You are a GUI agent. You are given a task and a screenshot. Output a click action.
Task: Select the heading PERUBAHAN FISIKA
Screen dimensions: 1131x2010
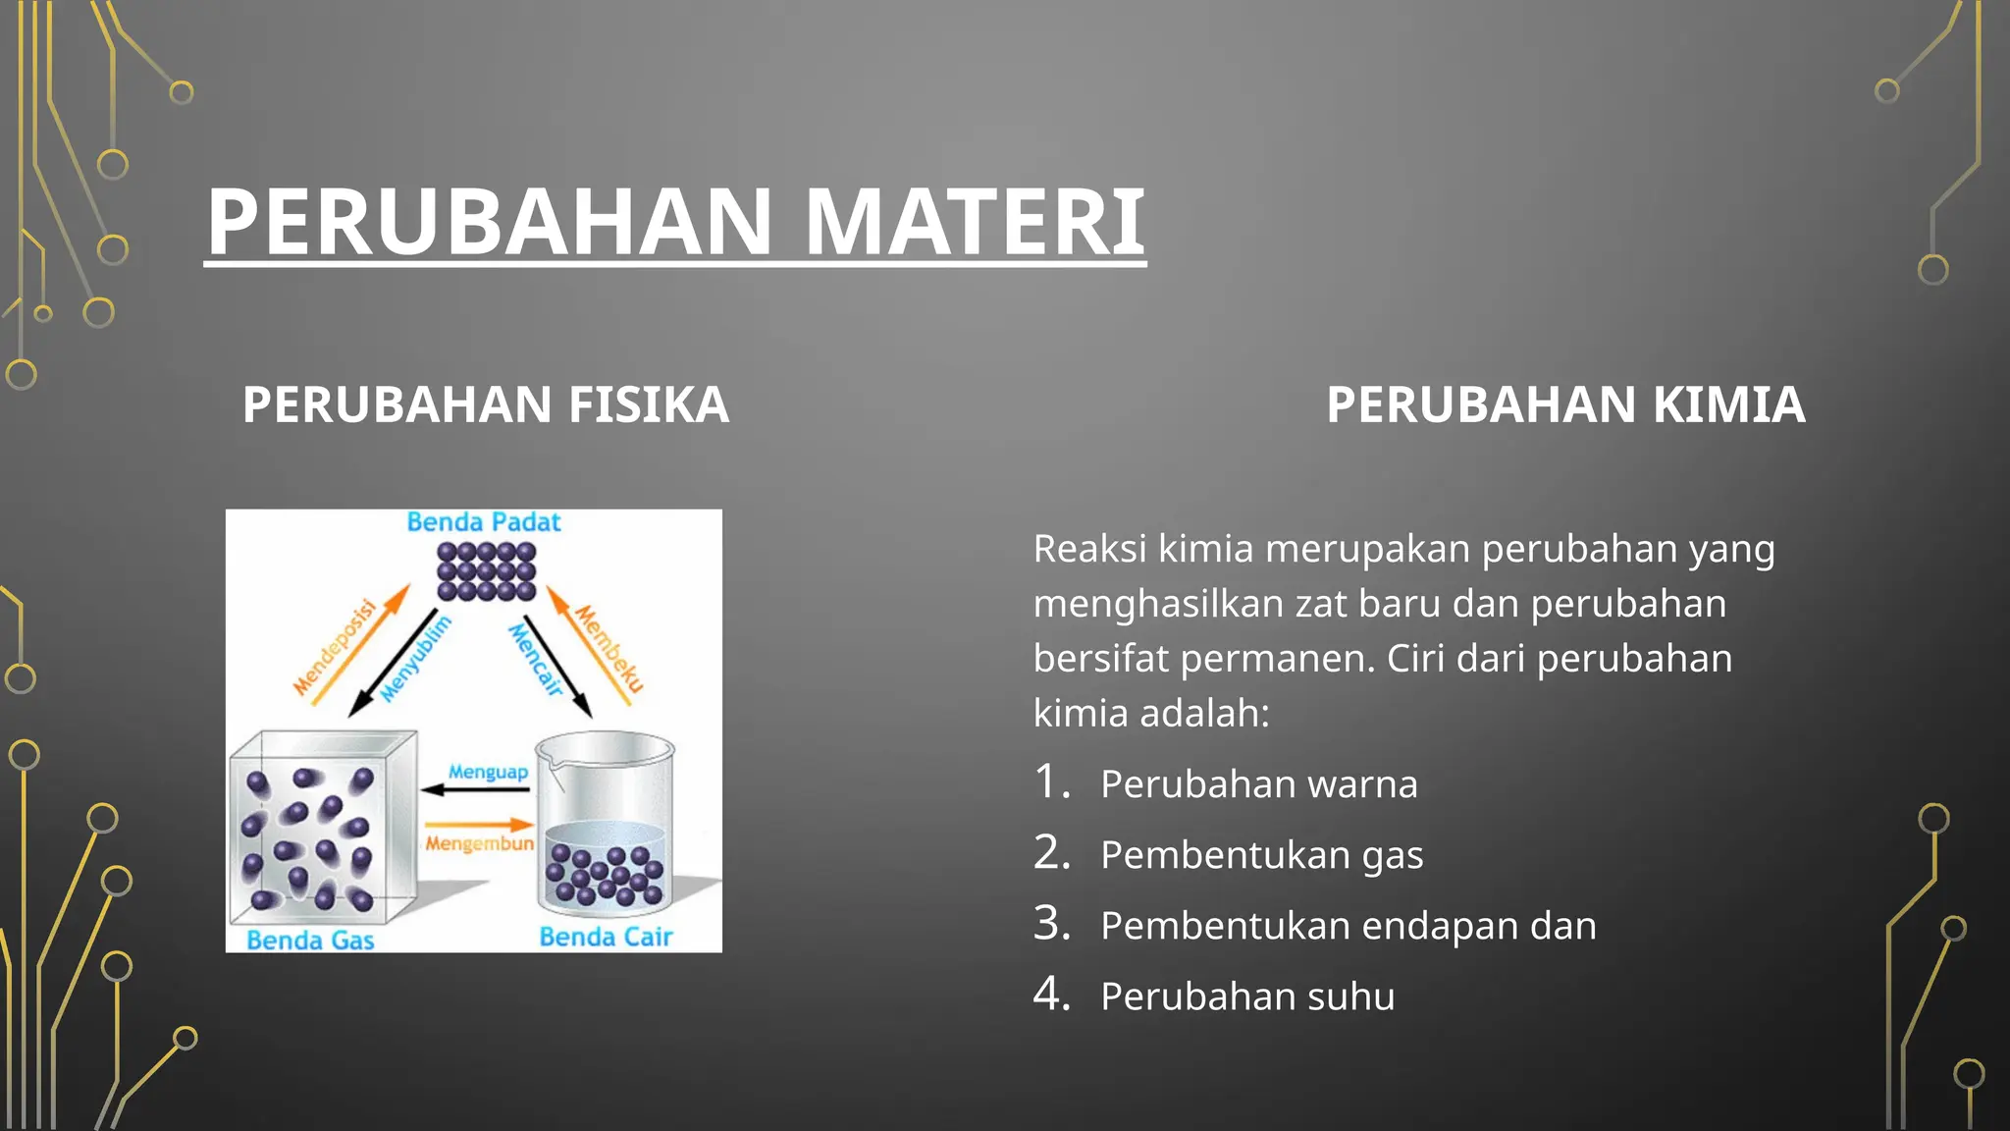pyautogui.click(x=486, y=404)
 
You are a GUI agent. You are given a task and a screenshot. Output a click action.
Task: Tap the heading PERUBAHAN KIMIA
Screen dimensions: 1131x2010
pyautogui.click(x=1565, y=404)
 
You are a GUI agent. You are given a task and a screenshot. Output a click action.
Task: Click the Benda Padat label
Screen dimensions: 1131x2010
pyautogui.click(x=484, y=522)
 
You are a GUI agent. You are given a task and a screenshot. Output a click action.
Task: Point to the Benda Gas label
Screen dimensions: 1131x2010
pyautogui.click(x=310, y=941)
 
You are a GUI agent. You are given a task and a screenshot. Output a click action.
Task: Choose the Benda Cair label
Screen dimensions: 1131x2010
pyautogui.click(x=606, y=938)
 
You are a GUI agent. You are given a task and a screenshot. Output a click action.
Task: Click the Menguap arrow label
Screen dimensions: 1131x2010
pyautogui.click(x=488, y=772)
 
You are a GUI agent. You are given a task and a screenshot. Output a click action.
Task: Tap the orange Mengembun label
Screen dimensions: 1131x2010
pyautogui.click(x=479, y=843)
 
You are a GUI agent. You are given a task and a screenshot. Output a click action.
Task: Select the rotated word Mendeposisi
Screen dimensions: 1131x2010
pyautogui.click(x=336, y=647)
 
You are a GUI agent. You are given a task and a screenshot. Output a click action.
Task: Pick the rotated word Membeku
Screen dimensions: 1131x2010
pyautogui.click(x=609, y=649)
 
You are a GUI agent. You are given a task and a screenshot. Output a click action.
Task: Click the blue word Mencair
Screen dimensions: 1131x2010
pyautogui.click(x=537, y=660)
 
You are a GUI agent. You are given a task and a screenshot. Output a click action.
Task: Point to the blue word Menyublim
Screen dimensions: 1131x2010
pyautogui.click(x=416, y=659)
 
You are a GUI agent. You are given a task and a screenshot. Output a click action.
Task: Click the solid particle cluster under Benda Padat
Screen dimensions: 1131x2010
pyautogui.click(x=487, y=571)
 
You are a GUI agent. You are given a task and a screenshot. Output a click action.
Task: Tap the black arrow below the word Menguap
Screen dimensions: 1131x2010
pyautogui.click(x=476, y=789)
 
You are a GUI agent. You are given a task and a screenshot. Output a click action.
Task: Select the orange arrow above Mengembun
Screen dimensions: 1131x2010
pyautogui.click(x=479, y=825)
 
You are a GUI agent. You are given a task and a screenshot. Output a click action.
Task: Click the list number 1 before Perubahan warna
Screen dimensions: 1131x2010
pyautogui.click(x=1051, y=782)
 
